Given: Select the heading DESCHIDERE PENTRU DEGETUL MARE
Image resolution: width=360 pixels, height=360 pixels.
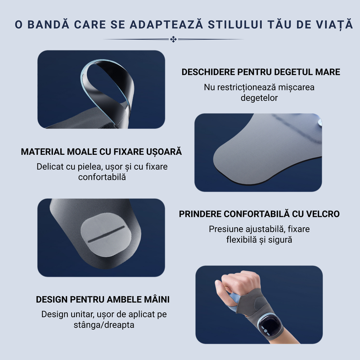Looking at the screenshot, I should point(261,72).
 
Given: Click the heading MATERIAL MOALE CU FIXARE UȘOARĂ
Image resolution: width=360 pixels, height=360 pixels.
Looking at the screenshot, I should point(101,152).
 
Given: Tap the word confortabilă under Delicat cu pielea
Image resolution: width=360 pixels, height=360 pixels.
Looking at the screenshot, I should point(102,177).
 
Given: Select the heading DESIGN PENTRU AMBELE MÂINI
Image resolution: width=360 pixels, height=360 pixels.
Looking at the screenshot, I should point(103,299).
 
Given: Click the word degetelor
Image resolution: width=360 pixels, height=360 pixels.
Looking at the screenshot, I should point(259,98).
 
